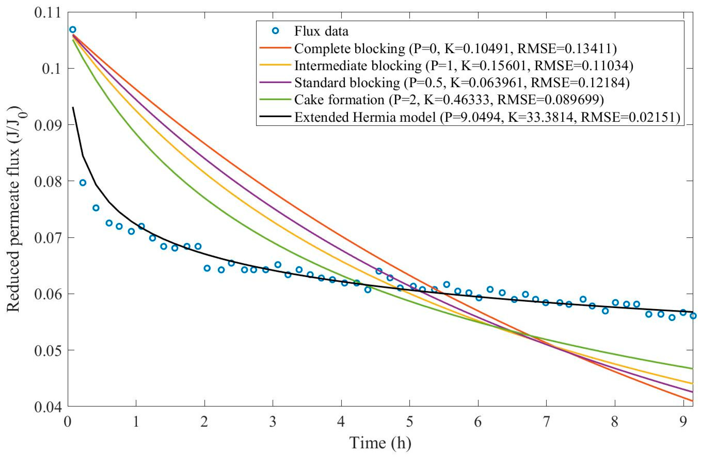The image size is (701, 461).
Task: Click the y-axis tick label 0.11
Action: click(x=47, y=13)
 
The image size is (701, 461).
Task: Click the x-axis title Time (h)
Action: click(x=380, y=443)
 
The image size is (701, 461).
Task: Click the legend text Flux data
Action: click(x=321, y=31)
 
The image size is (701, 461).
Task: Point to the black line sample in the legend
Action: click(x=275, y=116)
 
